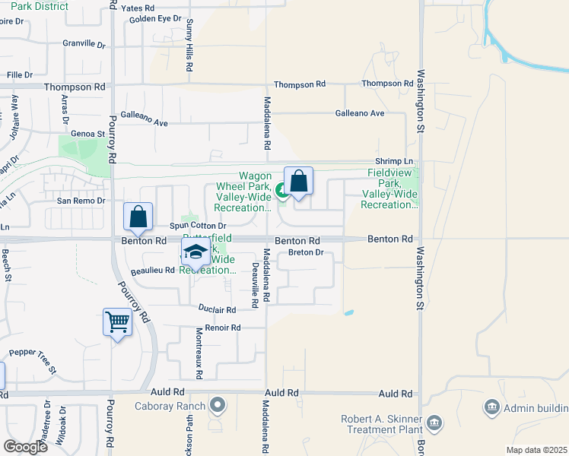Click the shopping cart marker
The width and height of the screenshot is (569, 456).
[x=117, y=322]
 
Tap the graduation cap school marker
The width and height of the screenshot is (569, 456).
[x=195, y=252]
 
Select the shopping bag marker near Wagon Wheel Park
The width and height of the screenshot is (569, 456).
[x=298, y=182]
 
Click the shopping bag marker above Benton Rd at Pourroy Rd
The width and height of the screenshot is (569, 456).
[x=138, y=217]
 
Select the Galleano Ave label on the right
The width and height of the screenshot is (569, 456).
[x=360, y=113]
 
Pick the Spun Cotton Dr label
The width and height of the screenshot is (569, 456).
[x=198, y=226]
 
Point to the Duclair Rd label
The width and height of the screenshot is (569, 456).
[x=218, y=309]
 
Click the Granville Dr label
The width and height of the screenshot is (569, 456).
[x=84, y=44]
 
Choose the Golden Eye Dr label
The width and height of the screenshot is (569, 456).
[x=155, y=18]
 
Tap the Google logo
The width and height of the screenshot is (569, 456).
[x=25, y=446]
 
